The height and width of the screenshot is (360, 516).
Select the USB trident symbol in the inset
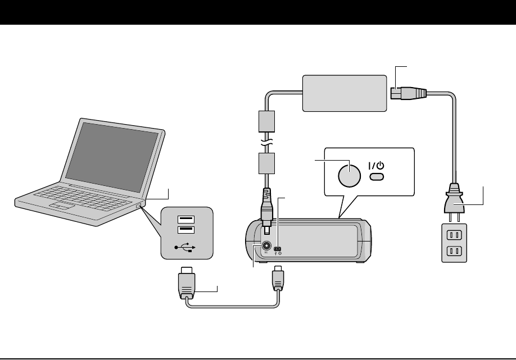pos(186,246)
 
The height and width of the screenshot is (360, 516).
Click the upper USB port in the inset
pos(186,219)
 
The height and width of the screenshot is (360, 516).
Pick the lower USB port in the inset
pos(186,229)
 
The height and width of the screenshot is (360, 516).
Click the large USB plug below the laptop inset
pos(187,284)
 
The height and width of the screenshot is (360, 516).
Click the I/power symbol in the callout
pos(377,166)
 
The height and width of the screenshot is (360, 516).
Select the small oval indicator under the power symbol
pos(377,177)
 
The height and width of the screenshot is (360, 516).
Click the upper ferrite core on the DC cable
pos(266,121)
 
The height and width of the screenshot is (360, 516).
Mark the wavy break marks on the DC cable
pos(266,142)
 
